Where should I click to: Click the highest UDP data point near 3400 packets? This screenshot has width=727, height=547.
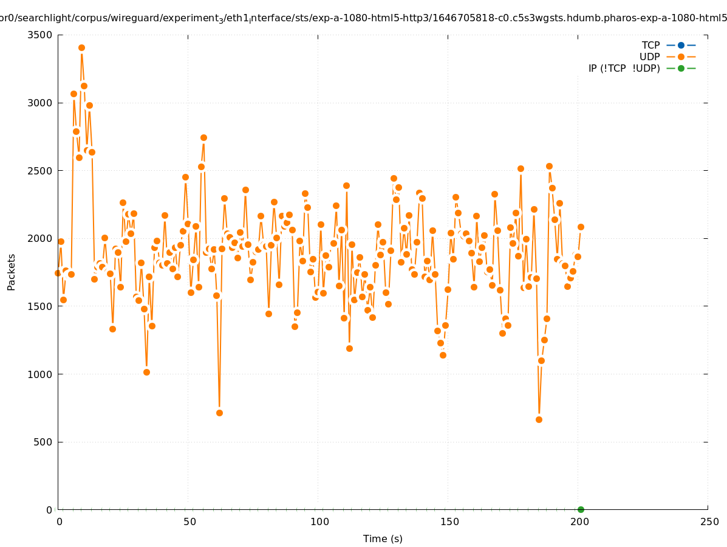[x=81, y=47]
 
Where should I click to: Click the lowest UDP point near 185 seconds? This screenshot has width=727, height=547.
[x=539, y=419]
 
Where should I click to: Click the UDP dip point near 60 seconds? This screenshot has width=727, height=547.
[x=219, y=413]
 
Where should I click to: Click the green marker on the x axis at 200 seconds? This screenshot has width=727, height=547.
[x=581, y=509]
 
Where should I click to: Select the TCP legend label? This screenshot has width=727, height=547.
[x=650, y=45]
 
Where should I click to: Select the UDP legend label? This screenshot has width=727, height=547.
[x=649, y=57]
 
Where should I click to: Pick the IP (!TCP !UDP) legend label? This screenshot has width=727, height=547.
[x=624, y=68]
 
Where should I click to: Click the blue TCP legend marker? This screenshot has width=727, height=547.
[x=681, y=45]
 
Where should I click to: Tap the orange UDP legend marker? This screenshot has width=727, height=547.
[x=681, y=57]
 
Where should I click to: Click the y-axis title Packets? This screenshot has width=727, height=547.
[x=12, y=272]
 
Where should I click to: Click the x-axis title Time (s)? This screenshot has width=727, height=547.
[x=383, y=538]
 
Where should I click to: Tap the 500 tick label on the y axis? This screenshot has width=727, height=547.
[x=43, y=442]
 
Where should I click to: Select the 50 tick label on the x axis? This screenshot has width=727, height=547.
[x=190, y=521]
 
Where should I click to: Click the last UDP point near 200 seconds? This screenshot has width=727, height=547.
[x=581, y=227]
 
